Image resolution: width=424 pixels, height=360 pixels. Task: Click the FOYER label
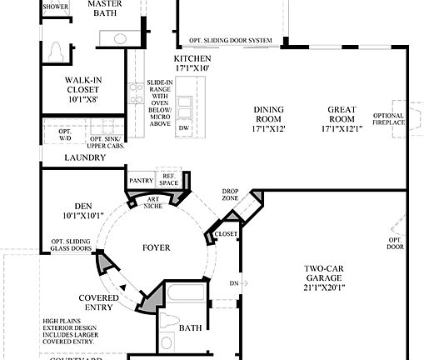tap(156, 247)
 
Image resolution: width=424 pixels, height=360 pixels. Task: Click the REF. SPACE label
tap(169, 179)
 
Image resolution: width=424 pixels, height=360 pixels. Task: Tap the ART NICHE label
tap(153, 202)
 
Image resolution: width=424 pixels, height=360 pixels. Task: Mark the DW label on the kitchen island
tap(184, 127)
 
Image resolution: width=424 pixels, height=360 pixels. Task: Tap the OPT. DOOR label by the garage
tap(395, 243)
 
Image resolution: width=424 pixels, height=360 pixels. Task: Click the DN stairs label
tap(233, 283)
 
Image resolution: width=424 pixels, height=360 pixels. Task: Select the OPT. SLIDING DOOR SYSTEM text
tap(230, 41)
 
